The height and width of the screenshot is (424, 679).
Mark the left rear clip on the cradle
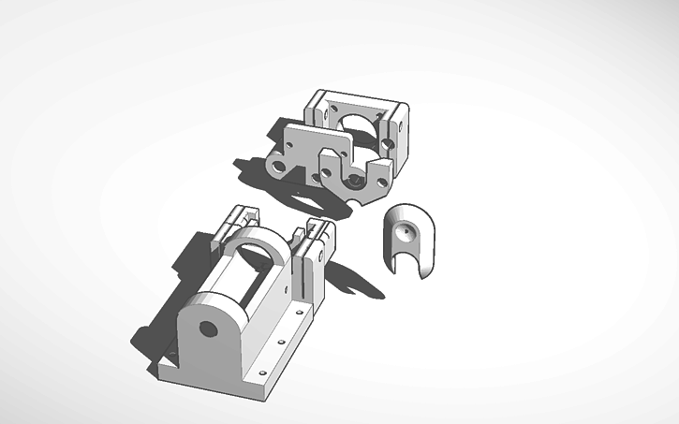point(234,226)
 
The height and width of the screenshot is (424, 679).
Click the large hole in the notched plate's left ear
point(278,167)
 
